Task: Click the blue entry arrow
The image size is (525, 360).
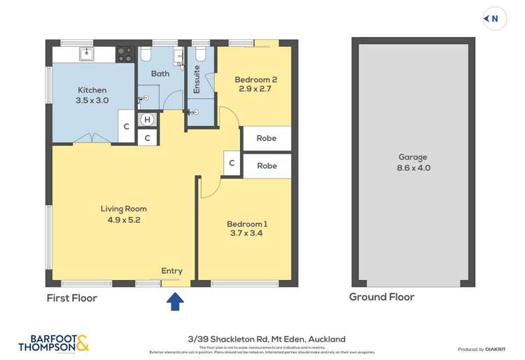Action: coord(176,301)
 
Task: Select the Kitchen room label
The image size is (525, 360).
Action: coord(92,90)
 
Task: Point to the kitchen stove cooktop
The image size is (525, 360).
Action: coord(125,53)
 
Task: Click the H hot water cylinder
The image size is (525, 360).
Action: coord(147,120)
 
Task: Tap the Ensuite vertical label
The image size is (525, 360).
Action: coord(197,79)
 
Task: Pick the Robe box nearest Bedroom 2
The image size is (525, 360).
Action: coord(266,138)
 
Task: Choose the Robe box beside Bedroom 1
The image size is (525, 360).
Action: coord(266,166)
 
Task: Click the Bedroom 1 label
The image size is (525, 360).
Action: coord(247,224)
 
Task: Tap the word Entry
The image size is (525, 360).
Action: coord(171,271)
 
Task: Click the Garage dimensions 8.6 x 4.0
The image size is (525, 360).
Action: coord(412,167)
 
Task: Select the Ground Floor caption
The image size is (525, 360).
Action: coord(381,297)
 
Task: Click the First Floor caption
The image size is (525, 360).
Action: coord(71,298)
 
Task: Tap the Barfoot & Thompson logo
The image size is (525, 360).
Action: coord(53,342)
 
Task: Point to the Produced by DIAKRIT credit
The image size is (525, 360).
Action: coord(481,349)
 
